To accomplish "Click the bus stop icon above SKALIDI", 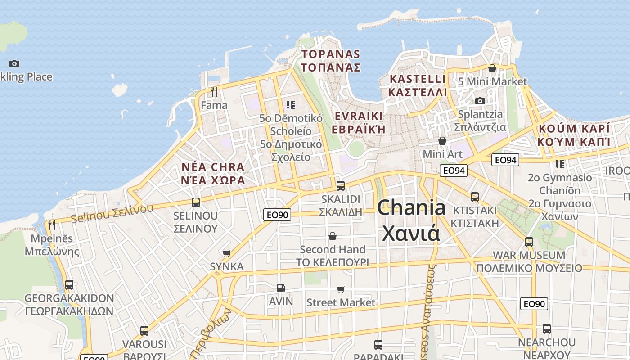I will [341, 185].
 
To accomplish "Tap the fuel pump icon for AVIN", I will [281, 288].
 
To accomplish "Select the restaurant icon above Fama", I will [214, 92].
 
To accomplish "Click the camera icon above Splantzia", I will [480, 101].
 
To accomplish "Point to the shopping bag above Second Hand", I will [333, 236].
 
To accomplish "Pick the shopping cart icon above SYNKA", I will [226, 254].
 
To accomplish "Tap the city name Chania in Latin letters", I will [411, 208].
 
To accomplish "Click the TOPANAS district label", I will [331, 54].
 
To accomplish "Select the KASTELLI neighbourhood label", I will [418, 79].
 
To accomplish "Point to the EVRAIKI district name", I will [359, 116].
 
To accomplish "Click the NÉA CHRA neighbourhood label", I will [213, 167].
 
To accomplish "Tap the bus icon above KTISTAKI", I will [475, 197].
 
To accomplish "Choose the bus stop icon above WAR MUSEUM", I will [529, 242].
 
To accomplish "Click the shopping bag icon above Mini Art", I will [442, 141].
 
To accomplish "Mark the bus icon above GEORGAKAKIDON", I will [69, 285].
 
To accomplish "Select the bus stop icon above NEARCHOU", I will [547, 329].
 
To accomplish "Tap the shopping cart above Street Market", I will [341, 289].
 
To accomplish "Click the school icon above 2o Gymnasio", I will [559, 164].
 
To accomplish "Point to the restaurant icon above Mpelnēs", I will [52, 225].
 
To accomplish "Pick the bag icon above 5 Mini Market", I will [492, 68].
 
